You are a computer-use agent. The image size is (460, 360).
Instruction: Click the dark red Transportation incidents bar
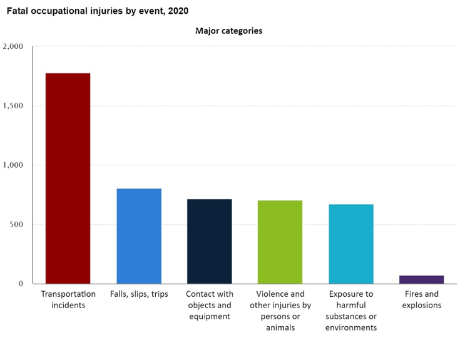click(68, 178)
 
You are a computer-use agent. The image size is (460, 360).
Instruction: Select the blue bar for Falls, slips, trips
click(139, 236)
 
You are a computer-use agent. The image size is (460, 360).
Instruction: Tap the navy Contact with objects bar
click(210, 241)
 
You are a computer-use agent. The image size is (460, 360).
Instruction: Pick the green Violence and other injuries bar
click(280, 242)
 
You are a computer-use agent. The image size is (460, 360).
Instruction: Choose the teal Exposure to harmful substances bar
click(351, 244)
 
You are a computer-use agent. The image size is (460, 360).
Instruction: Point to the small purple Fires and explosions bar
click(421, 279)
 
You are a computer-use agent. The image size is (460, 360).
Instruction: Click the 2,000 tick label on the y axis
click(13, 46)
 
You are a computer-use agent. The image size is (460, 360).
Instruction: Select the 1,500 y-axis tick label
click(13, 106)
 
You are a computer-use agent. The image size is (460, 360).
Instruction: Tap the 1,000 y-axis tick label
click(13, 165)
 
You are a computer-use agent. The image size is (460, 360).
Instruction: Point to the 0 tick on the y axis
click(21, 284)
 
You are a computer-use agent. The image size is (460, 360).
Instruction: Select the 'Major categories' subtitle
click(228, 31)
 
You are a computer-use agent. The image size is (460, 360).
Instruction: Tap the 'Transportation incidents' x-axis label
click(68, 299)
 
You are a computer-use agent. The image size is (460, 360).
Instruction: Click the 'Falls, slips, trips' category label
click(139, 294)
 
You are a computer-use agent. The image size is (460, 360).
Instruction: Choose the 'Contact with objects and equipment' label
click(210, 305)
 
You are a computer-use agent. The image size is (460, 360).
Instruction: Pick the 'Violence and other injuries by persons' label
click(280, 311)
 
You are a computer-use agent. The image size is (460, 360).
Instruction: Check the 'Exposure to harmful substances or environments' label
click(351, 311)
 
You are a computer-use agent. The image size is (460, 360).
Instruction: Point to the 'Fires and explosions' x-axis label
click(421, 299)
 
